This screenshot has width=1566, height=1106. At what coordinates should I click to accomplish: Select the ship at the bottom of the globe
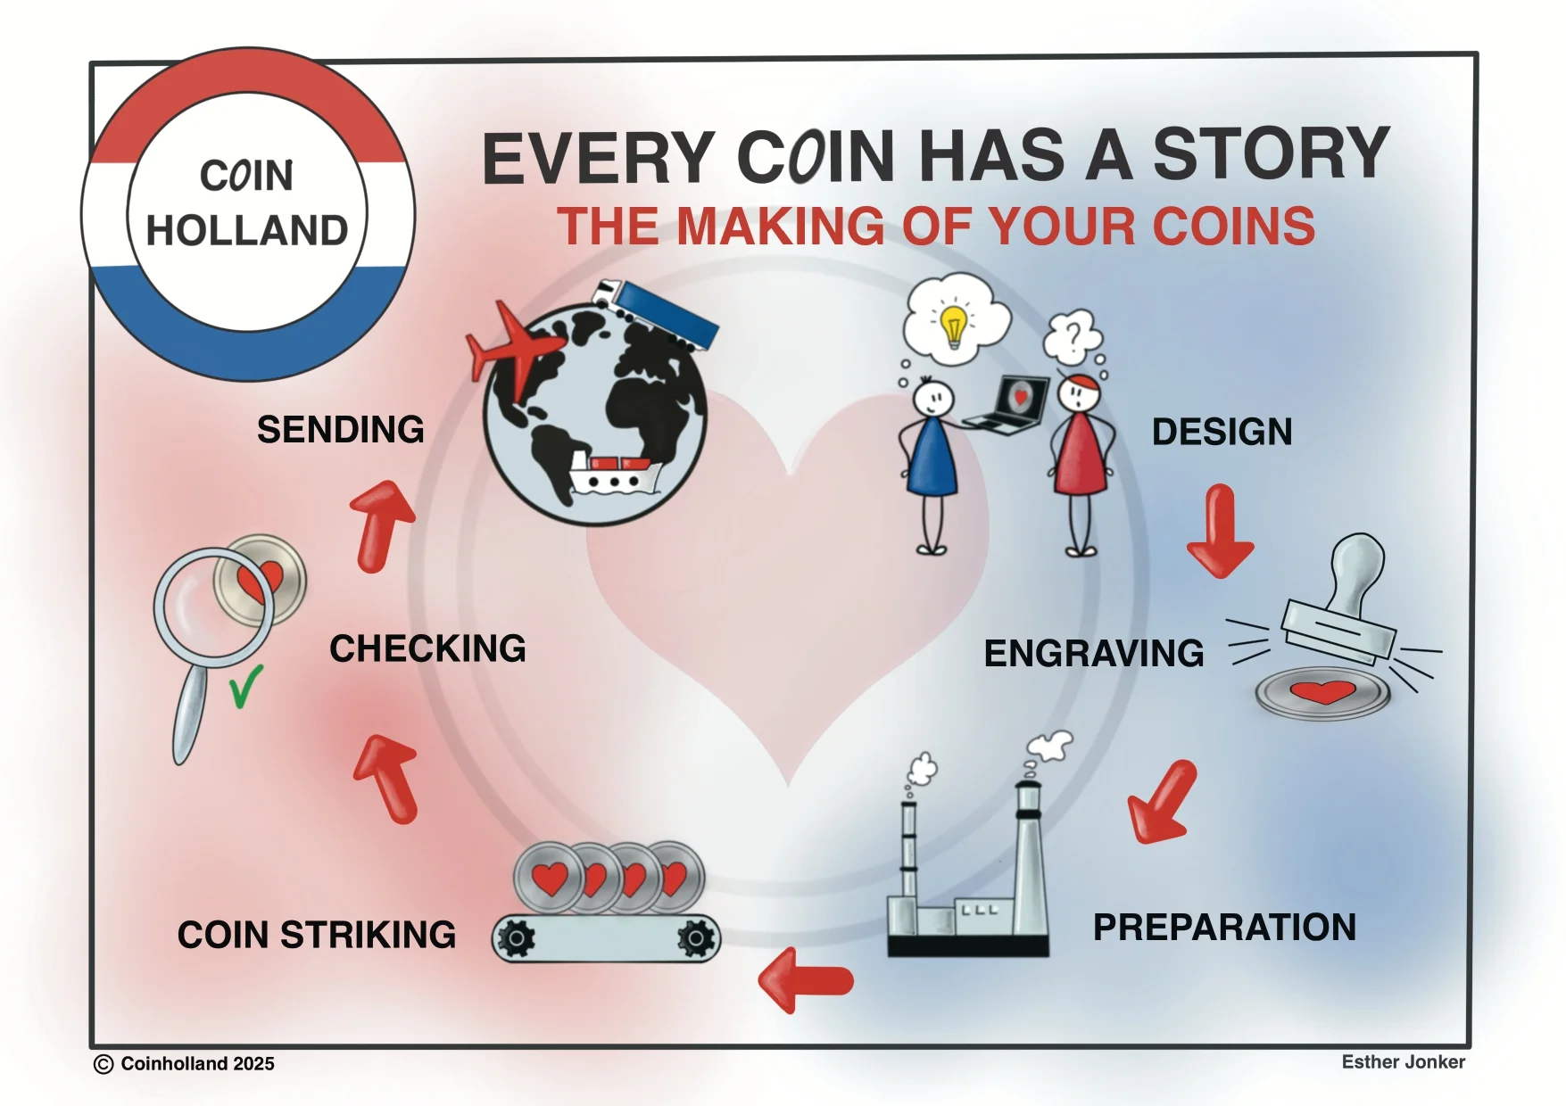click(614, 474)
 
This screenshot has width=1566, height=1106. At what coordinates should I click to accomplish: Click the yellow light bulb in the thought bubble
click(954, 325)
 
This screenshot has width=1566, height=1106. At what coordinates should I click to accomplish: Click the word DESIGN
click(1222, 432)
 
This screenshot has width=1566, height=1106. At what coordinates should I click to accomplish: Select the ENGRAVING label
click(1094, 653)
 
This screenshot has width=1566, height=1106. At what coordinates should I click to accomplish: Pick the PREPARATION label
click(1224, 928)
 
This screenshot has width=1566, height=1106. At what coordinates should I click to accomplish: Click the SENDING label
click(341, 430)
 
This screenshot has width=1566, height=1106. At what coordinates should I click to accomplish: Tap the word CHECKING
click(427, 648)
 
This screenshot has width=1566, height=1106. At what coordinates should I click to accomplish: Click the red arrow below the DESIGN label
click(1221, 532)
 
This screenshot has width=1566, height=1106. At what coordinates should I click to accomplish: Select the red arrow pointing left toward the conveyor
click(805, 980)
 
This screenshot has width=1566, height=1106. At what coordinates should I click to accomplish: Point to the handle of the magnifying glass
click(190, 714)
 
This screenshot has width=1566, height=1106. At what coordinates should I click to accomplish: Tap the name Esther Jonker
click(1403, 1061)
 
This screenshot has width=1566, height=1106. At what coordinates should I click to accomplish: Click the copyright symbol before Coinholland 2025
click(104, 1064)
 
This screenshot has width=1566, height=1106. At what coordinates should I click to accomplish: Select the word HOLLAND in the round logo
click(247, 231)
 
